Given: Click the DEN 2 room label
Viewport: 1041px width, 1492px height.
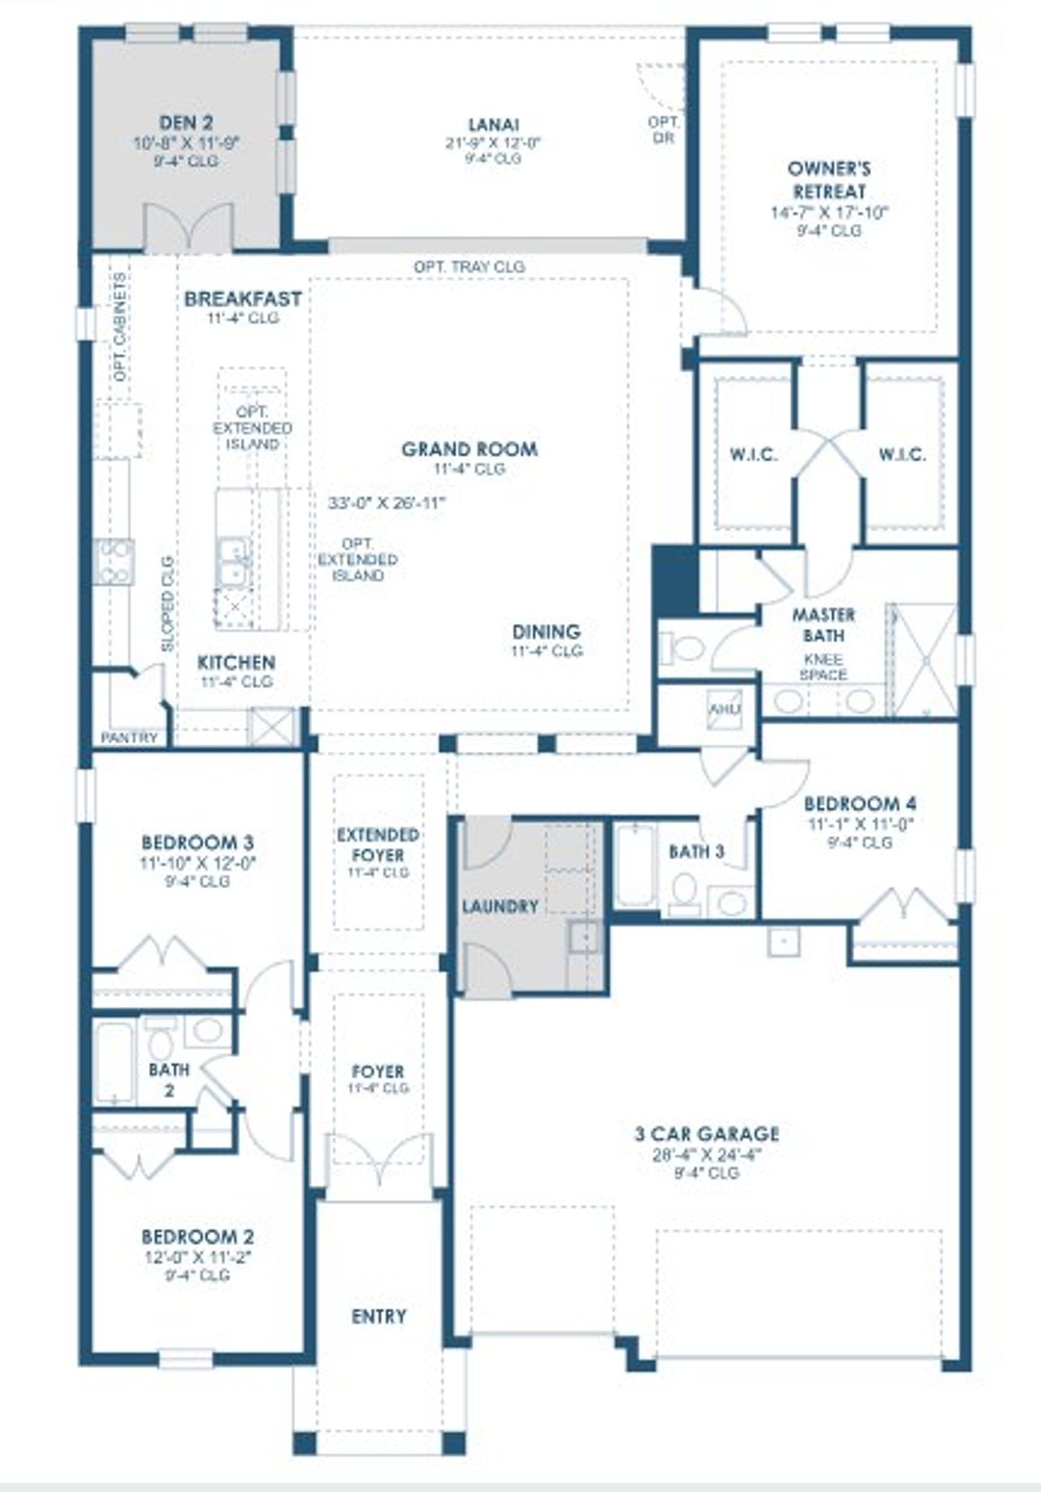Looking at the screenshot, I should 186,124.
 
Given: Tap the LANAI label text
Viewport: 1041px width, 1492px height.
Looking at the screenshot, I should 494,124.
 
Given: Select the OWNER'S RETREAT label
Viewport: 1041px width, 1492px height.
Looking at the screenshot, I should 829,181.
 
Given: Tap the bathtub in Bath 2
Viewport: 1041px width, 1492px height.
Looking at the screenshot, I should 113,1062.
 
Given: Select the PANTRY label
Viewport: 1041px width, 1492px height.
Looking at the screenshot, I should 129,738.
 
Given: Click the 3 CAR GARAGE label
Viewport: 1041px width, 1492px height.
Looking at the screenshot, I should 706,1134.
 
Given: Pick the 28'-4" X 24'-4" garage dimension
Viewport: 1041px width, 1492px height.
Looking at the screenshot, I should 706,1154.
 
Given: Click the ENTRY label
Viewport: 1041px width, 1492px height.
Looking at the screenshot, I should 378,1316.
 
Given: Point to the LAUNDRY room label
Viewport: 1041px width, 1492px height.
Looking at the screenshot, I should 499,906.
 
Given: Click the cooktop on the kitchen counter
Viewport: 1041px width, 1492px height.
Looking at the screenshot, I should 113,562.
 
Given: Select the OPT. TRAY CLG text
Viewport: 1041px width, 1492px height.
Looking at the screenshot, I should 469,267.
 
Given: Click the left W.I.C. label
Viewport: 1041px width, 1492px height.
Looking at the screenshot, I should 752,455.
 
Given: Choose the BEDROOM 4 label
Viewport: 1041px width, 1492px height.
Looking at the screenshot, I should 860,804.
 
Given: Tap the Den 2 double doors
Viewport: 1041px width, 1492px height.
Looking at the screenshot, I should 189,229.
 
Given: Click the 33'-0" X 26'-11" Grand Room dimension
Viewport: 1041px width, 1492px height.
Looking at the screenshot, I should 387,503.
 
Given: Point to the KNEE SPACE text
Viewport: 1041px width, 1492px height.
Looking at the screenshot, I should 823,667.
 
